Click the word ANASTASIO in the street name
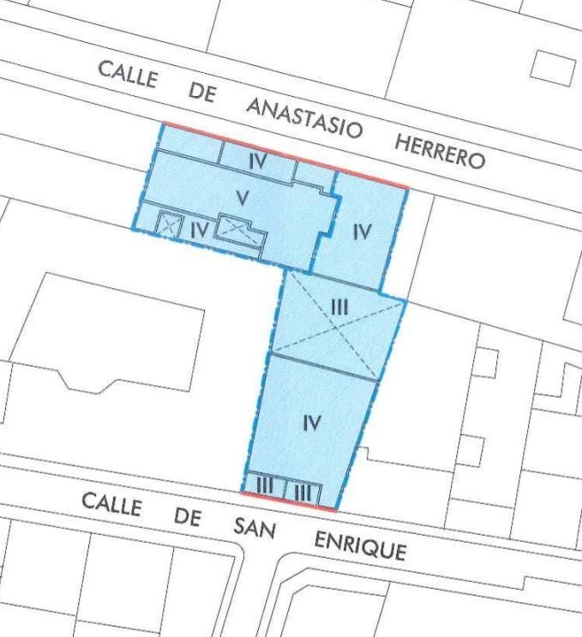[304, 118]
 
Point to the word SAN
[255, 527]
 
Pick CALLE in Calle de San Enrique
[111, 506]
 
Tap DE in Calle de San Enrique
[188, 517]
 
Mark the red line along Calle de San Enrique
[288, 502]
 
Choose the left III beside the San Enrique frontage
[265, 487]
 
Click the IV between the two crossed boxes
[198, 229]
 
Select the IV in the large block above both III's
[312, 422]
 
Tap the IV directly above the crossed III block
[362, 231]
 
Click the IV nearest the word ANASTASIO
[259, 161]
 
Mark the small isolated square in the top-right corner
[552, 66]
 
